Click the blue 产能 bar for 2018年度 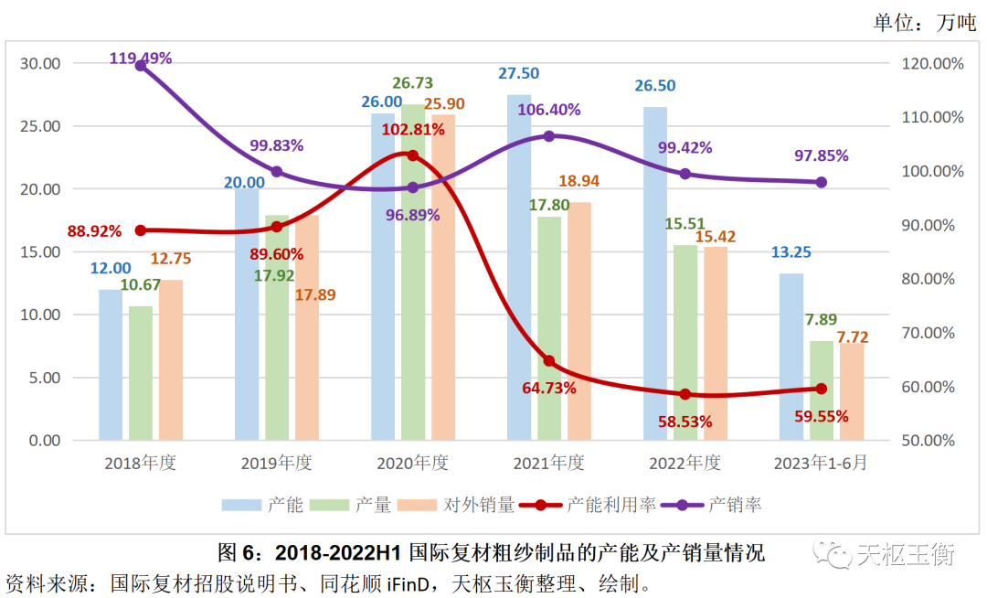coord(111,365)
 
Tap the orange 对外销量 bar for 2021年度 coord(578,321)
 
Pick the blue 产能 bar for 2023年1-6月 coord(791,357)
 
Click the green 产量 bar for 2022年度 coord(685,343)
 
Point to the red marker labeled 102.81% coord(412,155)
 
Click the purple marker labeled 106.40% coord(549,136)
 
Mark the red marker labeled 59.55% coord(821,389)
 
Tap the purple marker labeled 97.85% coord(821,182)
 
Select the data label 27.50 coord(518,74)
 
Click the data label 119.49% coord(140,59)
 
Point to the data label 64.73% coord(549,388)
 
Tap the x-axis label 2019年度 coord(276,464)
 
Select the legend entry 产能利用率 coord(600,505)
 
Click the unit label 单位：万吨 coord(924,23)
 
